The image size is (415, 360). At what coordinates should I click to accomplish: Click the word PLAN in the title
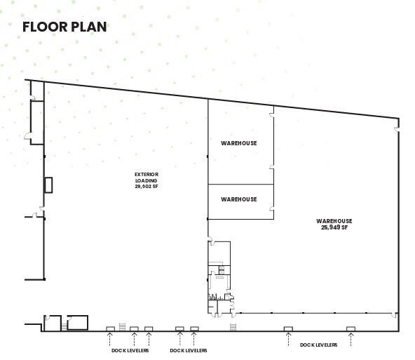[x=89, y=27]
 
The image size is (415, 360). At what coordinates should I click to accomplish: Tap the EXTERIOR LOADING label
[x=147, y=177]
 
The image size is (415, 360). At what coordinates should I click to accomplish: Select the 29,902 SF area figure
[x=147, y=187]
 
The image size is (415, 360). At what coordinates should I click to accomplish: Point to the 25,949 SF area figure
[x=334, y=227]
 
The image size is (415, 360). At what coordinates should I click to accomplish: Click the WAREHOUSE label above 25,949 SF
[x=334, y=221]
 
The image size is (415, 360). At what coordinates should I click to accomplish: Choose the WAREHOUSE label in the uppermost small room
[x=239, y=143]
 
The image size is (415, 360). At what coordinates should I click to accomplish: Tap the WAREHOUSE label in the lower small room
[x=239, y=199]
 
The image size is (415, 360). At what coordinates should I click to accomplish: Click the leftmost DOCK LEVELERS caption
[x=130, y=350]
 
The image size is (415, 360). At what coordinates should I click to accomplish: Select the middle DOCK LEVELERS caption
[x=189, y=350]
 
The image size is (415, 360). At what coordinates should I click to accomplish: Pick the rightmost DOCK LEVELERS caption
[x=318, y=345]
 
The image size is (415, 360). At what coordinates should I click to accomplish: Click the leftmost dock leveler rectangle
[x=110, y=328]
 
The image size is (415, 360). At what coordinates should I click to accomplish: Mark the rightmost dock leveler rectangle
[x=351, y=328]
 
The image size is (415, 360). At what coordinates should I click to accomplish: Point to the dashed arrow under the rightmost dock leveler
[x=351, y=338]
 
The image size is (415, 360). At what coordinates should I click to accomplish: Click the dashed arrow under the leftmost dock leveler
[x=110, y=338]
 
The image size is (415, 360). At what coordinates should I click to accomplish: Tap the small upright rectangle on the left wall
[x=48, y=185]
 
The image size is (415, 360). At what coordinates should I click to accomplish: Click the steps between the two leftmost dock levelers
[x=122, y=326]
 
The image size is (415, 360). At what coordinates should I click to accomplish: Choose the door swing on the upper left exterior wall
[x=28, y=135]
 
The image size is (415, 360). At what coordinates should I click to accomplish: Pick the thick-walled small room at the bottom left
[x=76, y=322]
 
